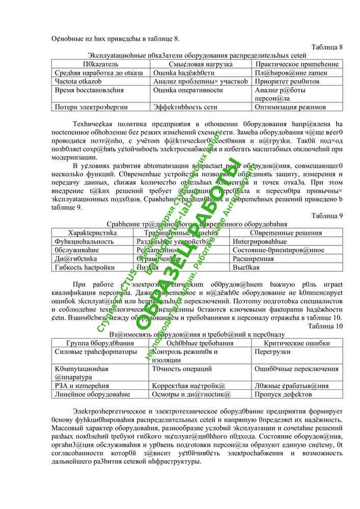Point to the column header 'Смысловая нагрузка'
coord(201,64)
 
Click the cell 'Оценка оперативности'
coord(188,90)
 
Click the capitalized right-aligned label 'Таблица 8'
coord(327,47)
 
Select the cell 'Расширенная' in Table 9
coord(253,259)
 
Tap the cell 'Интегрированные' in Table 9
coord(260,241)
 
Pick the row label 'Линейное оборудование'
coord(92,393)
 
